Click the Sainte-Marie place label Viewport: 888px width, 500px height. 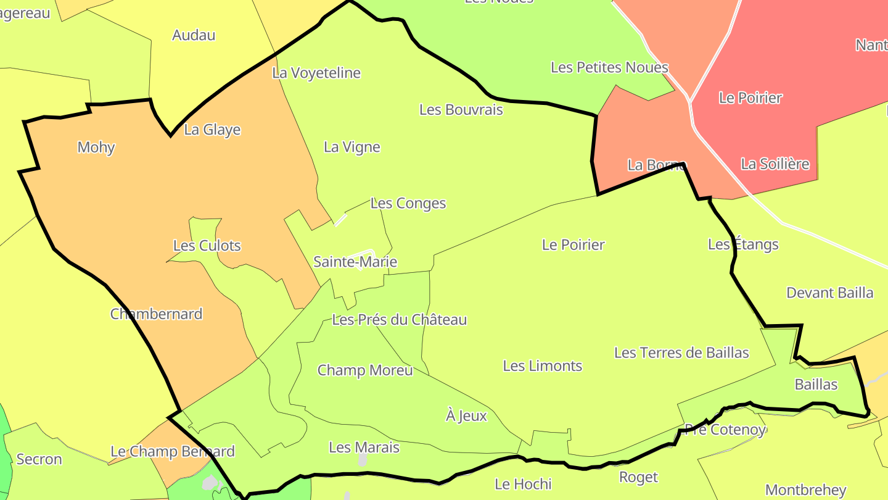tap(355, 262)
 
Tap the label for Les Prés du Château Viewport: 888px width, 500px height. tap(399, 320)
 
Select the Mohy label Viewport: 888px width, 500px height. tap(96, 147)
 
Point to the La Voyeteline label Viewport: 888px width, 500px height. tap(316, 73)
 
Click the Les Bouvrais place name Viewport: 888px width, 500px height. tap(461, 110)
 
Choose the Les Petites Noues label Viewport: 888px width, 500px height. tap(609, 67)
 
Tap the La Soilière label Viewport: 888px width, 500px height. tap(775, 164)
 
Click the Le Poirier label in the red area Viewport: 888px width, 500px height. tap(750, 98)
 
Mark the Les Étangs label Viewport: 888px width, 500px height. tap(743, 244)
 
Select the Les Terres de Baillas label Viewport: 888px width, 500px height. tap(681, 352)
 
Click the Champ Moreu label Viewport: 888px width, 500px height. tap(365, 370)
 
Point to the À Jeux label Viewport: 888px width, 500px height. tap(466, 416)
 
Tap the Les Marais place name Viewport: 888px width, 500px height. tap(364, 448)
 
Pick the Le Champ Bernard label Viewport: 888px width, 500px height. tap(173, 451)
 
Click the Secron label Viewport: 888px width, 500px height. tap(39, 459)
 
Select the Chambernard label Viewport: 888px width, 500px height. tap(157, 314)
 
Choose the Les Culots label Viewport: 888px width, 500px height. tap(207, 246)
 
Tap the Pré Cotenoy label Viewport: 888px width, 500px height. tap(725, 430)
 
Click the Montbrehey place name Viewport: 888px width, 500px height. tap(806, 490)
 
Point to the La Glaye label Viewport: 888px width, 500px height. tap(212, 130)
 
